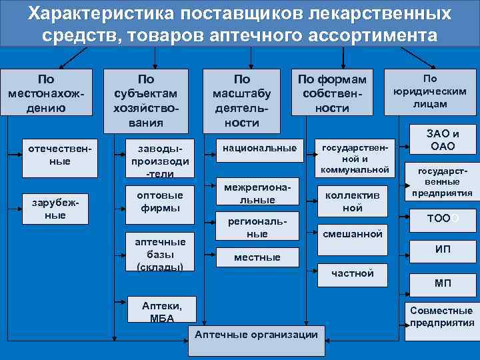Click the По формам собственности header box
[332, 93]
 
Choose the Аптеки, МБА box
[161, 311]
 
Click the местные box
[257, 257]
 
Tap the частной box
[353, 272]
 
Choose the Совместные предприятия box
[441, 317]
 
